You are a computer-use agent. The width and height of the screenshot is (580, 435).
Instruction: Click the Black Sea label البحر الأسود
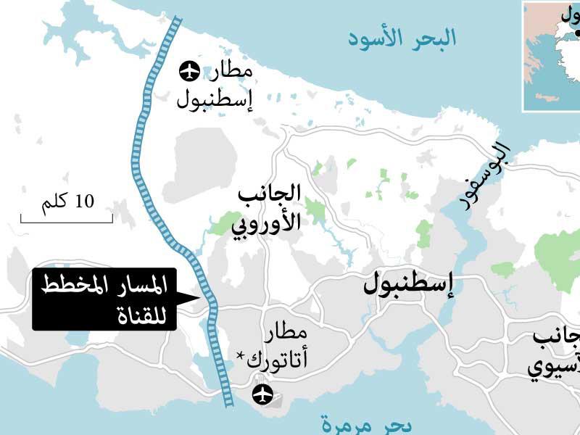point(402,38)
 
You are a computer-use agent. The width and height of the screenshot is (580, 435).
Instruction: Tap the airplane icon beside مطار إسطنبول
point(190,72)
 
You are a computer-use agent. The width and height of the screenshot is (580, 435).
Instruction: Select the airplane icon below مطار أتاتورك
point(262,394)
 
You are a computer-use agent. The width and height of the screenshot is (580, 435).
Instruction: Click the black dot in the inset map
point(577,33)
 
